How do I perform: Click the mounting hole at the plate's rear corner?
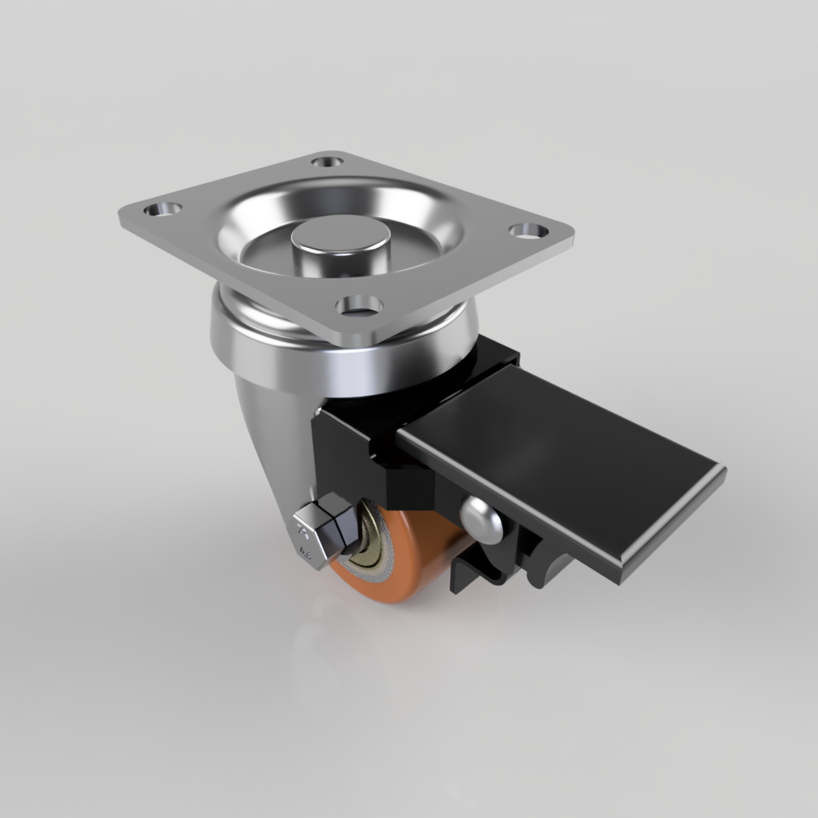pyautogui.click(x=328, y=161)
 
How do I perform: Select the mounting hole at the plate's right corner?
pyautogui.click(x=527, y=231)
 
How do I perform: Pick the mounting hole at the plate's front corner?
pyautogui.click(x=360, y=306)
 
